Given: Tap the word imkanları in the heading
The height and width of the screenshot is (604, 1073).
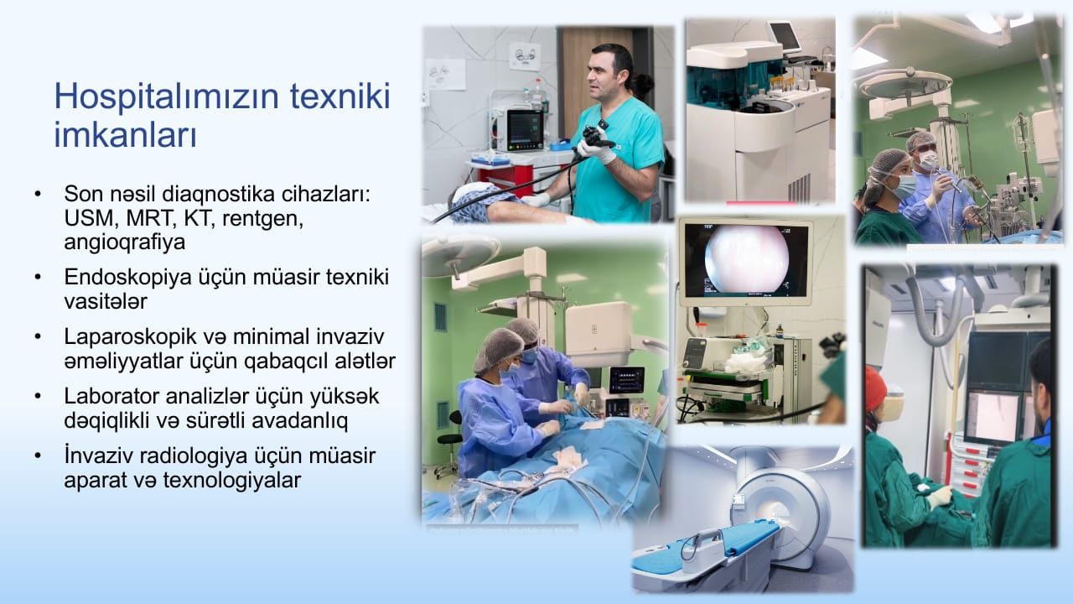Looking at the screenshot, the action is pos(126,135).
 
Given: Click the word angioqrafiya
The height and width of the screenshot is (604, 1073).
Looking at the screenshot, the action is pos(125,243).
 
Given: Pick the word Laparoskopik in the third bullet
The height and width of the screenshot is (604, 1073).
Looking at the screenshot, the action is pos(130,337).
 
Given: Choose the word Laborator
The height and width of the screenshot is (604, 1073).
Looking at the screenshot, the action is pos(111,397).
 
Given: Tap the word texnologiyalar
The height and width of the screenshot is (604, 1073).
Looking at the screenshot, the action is pos(232,481).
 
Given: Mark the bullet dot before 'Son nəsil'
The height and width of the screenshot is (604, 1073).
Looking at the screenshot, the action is pos(38,194).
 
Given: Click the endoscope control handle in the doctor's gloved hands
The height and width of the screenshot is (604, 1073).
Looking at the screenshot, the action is pos(595,137).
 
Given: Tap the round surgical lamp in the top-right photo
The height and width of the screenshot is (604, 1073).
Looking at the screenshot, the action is pos(905,86).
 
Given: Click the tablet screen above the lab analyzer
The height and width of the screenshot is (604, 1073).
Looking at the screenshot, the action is pos(785,38).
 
